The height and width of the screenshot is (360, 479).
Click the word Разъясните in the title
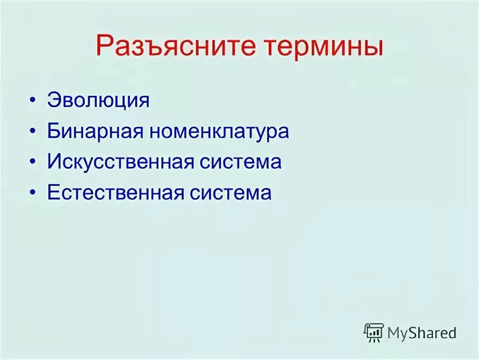coord(170,46)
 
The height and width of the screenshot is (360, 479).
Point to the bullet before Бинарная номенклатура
coord(35,132)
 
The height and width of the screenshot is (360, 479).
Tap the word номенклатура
coord(219,132)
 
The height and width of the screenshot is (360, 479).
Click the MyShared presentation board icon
coord(374,332)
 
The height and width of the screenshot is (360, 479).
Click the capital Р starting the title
coord(104,46)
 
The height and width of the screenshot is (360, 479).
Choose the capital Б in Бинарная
coord(54,132)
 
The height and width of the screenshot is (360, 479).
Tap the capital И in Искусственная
coord(54,162)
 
